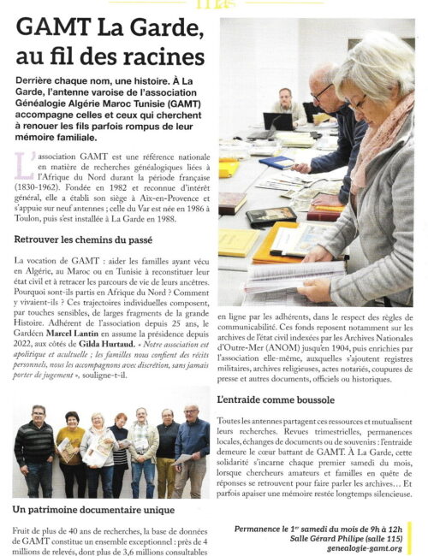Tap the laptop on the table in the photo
pyautogui.click(x=279, y=121)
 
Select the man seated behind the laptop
pyautogui.click(x=288, y=106)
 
